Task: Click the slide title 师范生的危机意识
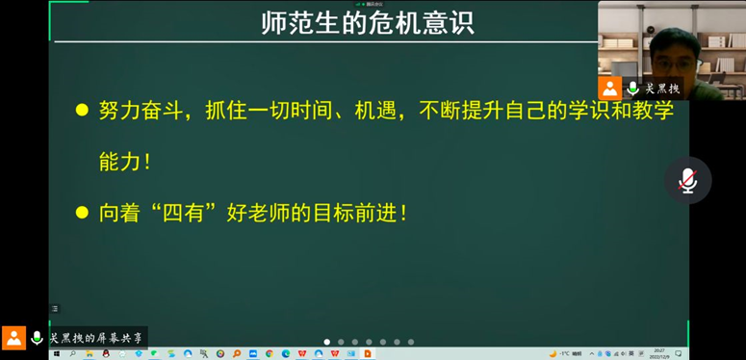369,23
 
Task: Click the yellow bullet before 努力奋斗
82,110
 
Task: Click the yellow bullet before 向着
82,212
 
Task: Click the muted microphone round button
687,180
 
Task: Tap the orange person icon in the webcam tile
609,88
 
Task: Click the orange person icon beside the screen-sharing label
13,338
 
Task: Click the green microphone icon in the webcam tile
632,88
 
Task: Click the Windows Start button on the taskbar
56,354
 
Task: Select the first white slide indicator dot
327,342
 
